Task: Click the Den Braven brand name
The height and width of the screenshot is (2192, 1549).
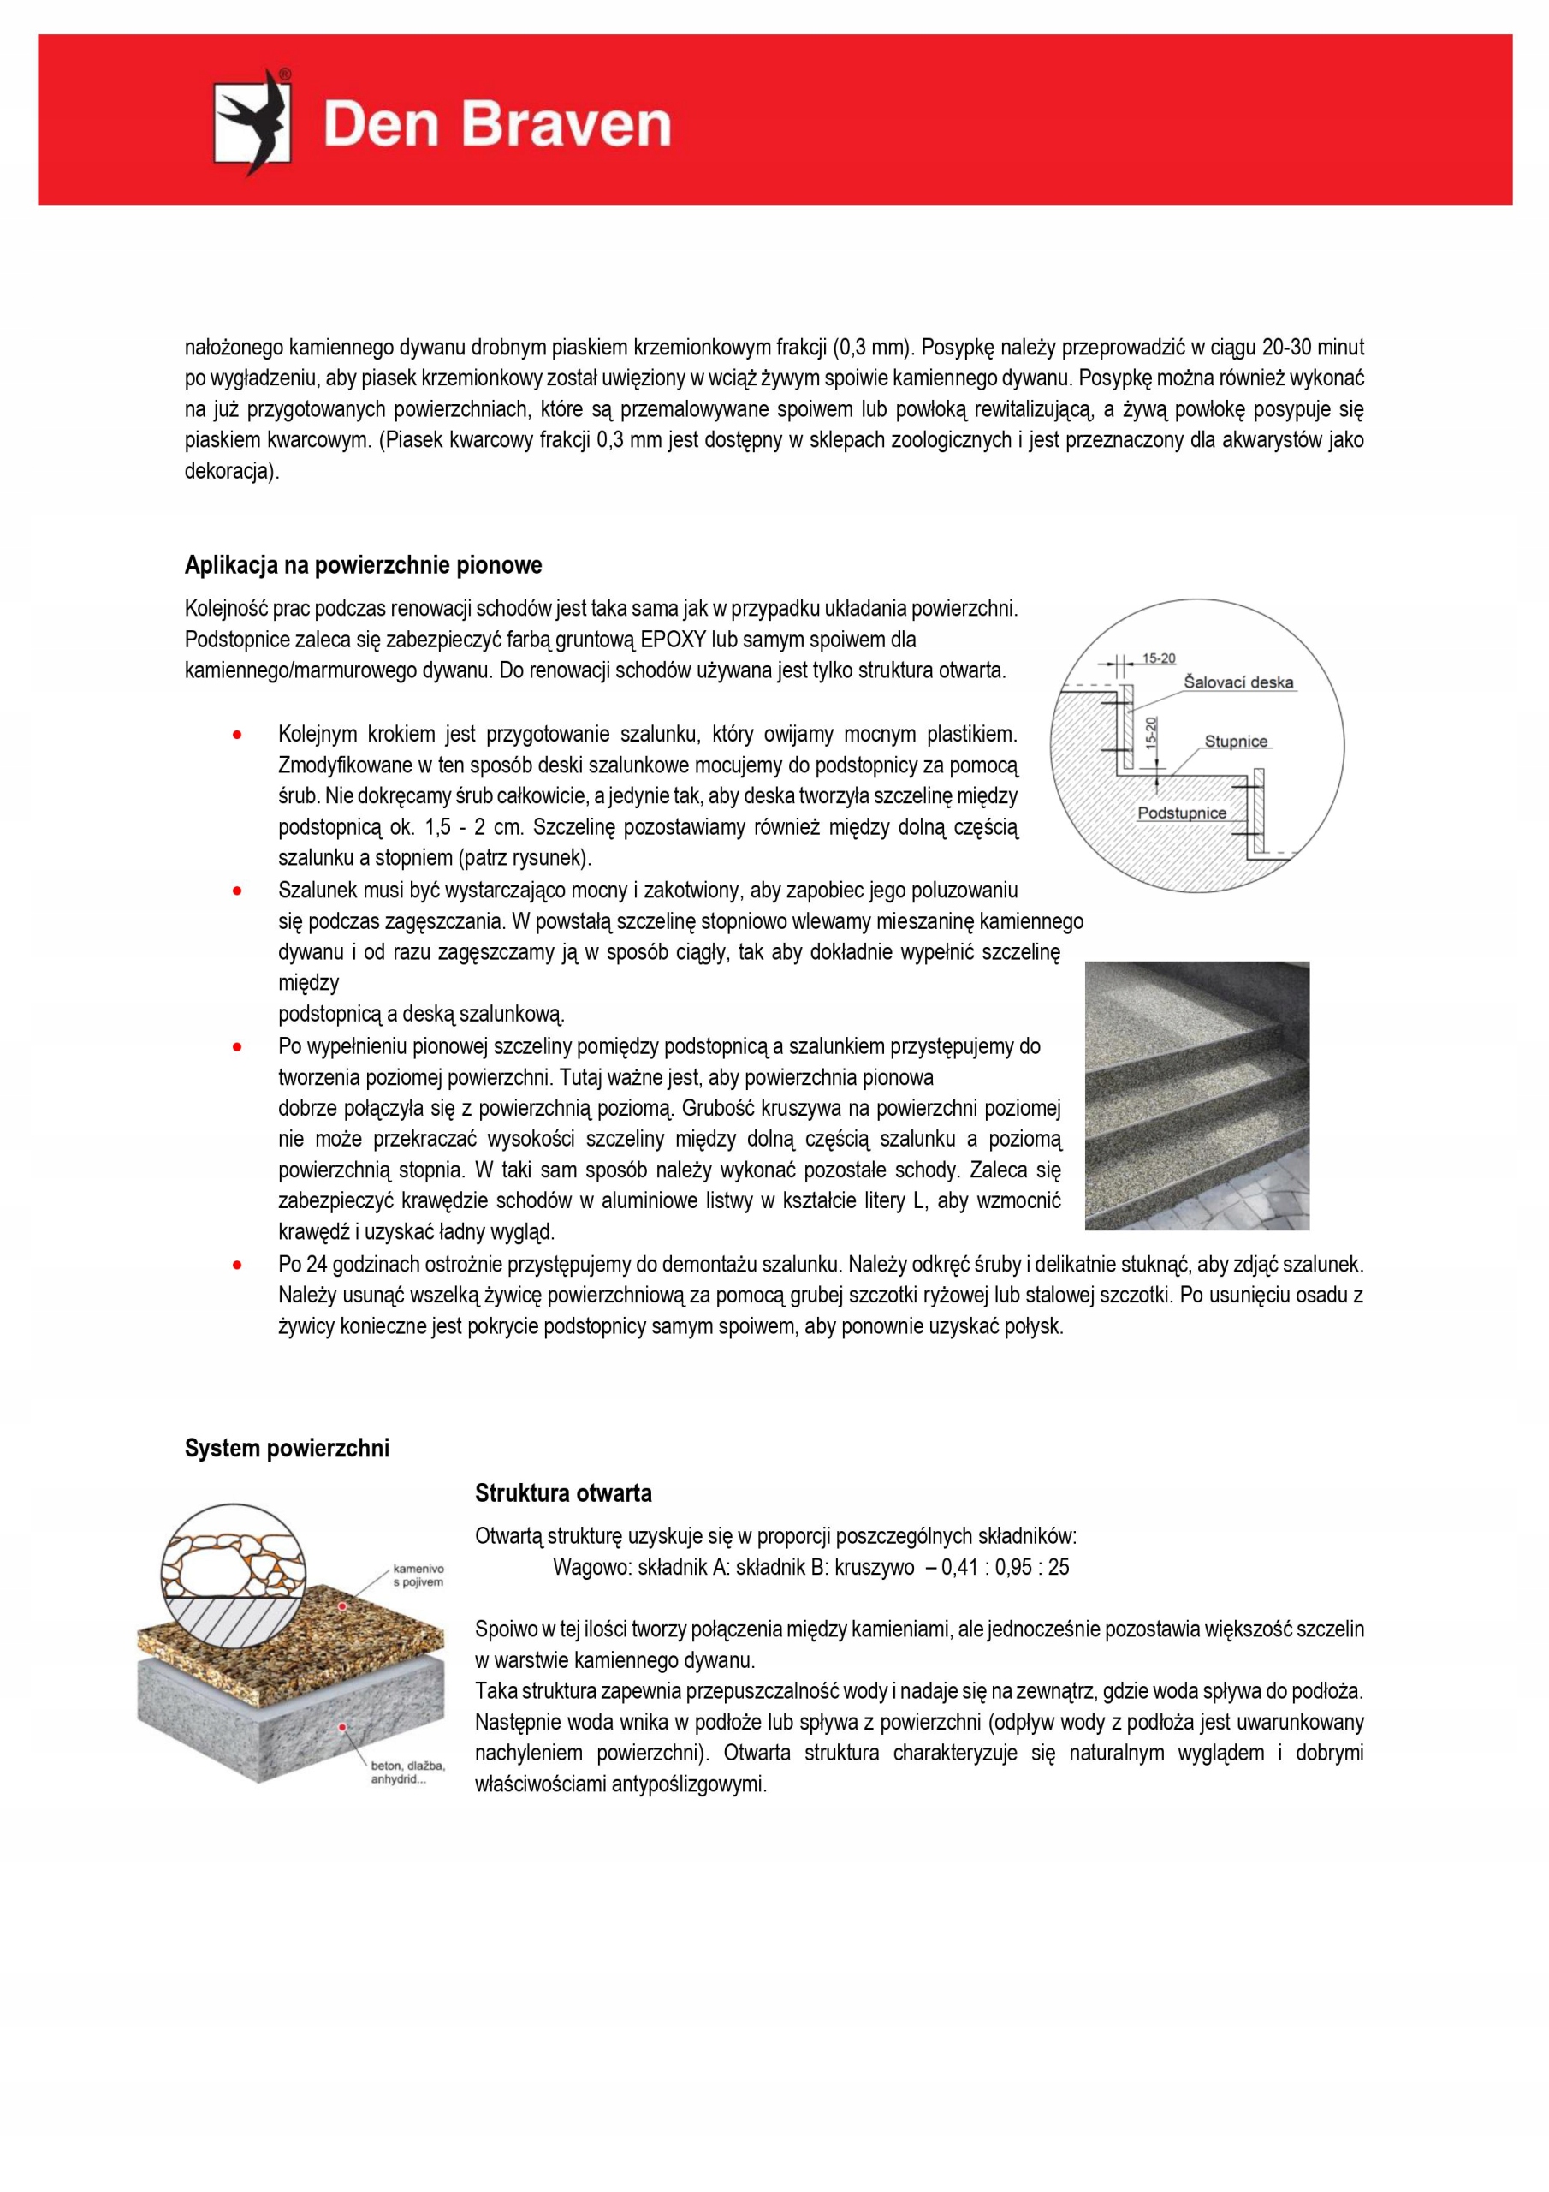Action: (496, 125)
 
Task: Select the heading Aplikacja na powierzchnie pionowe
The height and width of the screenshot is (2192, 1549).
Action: (363, 565)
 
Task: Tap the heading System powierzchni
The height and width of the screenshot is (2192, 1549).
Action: (287, 1448)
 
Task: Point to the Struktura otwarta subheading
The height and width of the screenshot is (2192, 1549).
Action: (563, 1493)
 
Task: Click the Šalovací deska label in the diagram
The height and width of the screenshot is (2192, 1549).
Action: (1237, 682)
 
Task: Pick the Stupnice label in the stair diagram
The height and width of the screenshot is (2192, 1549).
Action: (1235, 742)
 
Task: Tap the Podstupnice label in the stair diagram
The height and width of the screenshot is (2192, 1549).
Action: (1182, 813)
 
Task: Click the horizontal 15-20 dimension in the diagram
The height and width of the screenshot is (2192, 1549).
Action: (1159, 658)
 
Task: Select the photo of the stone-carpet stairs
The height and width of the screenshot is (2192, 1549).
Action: (1196, 1095)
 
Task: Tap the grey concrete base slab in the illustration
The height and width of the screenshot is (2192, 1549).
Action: (287, 1718)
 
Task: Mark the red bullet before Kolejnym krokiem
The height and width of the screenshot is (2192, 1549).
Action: (237, 734)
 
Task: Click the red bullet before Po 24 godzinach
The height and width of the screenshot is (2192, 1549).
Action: (237, 1265)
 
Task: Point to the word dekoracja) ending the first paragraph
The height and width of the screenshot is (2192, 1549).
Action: (232, 472)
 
